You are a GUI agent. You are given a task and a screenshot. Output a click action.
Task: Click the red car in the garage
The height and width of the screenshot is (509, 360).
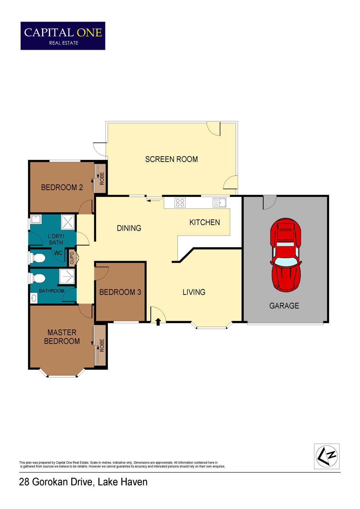(286, 255)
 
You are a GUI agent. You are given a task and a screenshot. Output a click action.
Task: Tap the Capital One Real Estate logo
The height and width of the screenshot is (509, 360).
(63, 36)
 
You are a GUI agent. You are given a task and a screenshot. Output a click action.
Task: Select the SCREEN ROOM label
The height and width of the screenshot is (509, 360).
(171, 159)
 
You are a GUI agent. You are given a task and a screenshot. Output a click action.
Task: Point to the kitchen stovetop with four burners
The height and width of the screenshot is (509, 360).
(180, 202)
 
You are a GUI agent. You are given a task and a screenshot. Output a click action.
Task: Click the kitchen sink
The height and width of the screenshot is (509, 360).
(220, 202)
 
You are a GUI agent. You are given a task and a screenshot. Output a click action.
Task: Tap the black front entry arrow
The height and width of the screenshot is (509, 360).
(158, 322)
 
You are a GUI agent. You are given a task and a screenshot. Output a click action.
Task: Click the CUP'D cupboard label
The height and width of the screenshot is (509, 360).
(72, 258)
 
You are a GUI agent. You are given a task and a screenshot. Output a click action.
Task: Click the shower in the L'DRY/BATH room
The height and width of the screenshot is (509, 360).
(68, 222)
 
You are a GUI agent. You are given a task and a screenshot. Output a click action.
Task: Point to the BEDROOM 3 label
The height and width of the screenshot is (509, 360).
(120, 292)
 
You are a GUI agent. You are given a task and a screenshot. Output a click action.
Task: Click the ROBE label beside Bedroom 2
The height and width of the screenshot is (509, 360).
(102, 179)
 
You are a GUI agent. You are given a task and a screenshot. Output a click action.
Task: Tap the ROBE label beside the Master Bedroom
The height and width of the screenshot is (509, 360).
(102, 346)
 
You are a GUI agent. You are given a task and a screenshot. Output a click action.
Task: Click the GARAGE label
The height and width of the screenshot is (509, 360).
(284, 306)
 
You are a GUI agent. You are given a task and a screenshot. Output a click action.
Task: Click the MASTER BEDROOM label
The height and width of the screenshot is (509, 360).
(62, 337)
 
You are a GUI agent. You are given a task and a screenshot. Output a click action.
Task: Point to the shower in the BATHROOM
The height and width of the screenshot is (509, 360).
(67, 276)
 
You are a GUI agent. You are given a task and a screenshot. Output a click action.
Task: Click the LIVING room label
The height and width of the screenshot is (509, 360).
(194, 292)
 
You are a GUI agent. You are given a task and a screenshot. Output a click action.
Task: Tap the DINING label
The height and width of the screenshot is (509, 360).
(129, 228)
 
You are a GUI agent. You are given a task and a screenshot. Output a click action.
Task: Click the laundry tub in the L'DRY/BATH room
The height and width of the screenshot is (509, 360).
(36, 220)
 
